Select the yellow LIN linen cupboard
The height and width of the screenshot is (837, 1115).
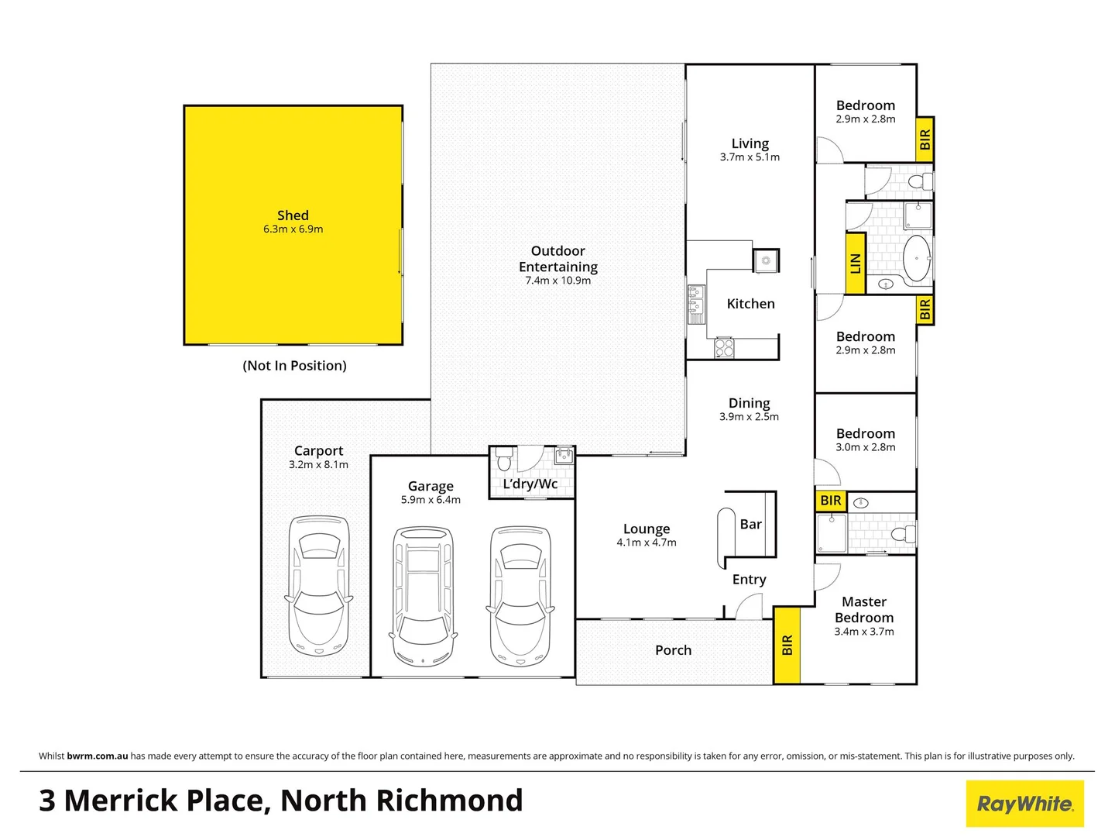point(855,263)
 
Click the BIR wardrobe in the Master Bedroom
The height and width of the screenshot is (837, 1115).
point(787,645)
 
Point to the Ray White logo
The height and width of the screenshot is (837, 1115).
point(1024,804)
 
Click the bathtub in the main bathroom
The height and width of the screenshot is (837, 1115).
point(918,258)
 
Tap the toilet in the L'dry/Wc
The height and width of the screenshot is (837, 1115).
point(505,459)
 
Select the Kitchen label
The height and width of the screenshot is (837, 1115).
point(750,304)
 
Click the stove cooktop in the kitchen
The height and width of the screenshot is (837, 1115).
point(724,348)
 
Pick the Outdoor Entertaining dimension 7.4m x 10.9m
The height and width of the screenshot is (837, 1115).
point(557,281)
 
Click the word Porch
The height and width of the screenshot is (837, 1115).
point(673,650)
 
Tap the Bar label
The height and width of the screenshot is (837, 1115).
point(750,525)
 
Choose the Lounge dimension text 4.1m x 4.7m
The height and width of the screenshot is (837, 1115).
point(646,542)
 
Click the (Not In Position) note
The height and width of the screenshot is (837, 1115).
point(294,366)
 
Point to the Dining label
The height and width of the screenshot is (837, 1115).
point(749,403)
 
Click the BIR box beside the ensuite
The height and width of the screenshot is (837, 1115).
point(830,501)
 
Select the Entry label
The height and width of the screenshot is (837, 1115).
point(749,580)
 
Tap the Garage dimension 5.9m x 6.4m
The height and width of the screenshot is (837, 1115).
point(431,500)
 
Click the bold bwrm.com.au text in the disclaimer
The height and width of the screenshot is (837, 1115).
point(98,756)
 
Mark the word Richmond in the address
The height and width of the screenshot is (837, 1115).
point(449,801)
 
